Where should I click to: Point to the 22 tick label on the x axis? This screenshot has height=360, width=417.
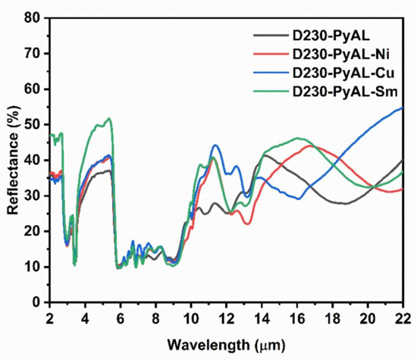click(403, 316)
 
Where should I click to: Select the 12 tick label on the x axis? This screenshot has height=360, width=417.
click(226, 316)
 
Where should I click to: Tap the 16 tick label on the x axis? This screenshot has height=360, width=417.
click(296, 316)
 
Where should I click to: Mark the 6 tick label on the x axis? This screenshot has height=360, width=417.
click(120, 316)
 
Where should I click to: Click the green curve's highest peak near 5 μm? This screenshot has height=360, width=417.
click(110, 118)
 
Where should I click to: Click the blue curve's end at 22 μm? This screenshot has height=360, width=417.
click(403, 108)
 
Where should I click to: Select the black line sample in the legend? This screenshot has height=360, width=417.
click(269, 36)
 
